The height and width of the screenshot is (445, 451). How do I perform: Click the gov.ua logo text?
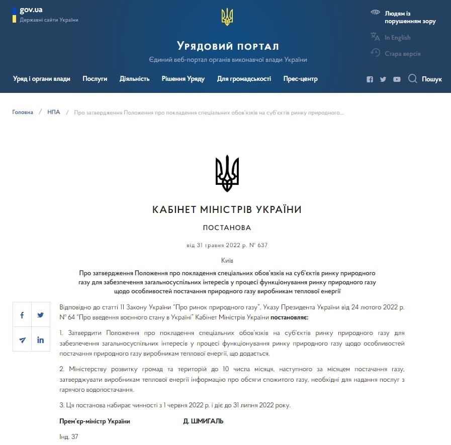pyautogui.click(x=31, y=10)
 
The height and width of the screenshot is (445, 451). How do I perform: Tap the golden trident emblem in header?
pyautogui.click(x=227, y=18)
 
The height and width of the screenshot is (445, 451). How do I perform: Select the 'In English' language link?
pyautogui.click(x=397, y=38)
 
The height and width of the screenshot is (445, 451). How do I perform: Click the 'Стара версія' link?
pyautogui.click(x=402, y=54)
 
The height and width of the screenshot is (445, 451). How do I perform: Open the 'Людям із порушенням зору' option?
pyautogui.click(x=410, y=17)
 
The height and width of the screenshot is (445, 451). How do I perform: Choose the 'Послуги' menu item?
pyautogui.click(x=95, y=79)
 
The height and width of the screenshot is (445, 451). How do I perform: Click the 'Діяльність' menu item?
pyautogui.click(x=134, y=79)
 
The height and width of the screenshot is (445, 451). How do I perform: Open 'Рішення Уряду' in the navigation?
pyautogui.click(x=183, y=79)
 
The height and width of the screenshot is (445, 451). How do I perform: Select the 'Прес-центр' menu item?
pyautogui.click(x=300, y=79)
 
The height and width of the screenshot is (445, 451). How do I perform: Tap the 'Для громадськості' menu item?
pyautogui.click(x=244, y=79)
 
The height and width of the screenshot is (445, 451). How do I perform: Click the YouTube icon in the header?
pyautogui.click(x=397, y=79)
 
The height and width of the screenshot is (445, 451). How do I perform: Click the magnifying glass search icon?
pyautogui.click(x=413, y=79)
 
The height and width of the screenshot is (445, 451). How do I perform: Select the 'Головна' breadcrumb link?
pyautogui.click(x=23, y=112)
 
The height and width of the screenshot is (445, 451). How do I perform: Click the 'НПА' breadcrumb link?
pyautogui.click(x=54, y=112)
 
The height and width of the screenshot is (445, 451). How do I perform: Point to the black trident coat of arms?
pyautogui.click(x=227, y=173)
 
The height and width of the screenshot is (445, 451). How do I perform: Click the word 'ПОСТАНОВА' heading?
pyautogui.click(x=227, y=228)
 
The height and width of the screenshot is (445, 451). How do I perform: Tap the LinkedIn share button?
pyautogui.click(x=40, y=340)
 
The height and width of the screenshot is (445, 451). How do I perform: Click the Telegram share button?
pyautogui.click(x=22, y=340)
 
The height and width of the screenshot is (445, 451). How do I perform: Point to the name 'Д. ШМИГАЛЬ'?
pyautogui.click(x=203, y=421)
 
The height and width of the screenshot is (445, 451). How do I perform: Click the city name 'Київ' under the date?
pyautogui.click(x=227, y=260)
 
